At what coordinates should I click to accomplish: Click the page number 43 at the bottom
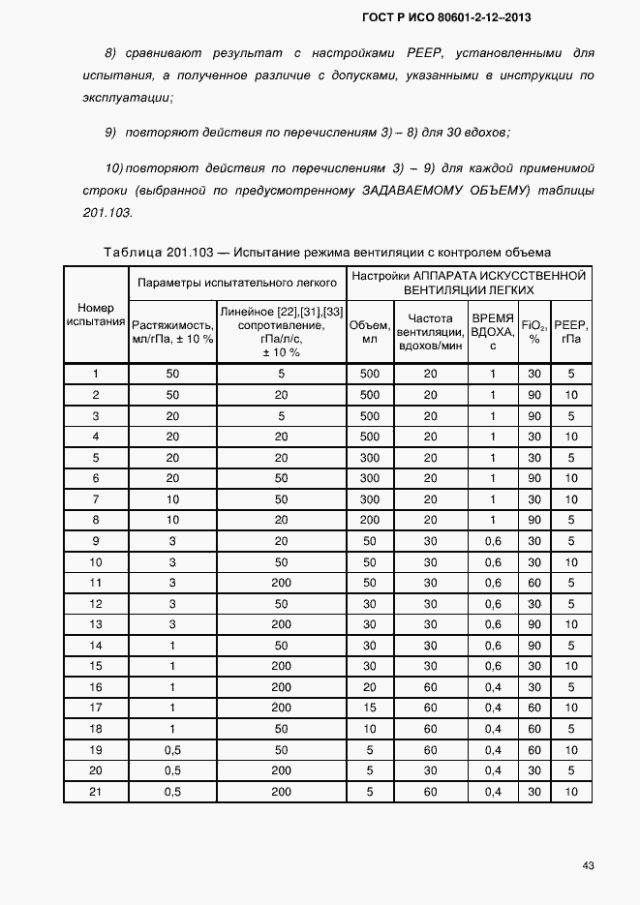(x=588, y=864)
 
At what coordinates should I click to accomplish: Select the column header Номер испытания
(x=96, y=314)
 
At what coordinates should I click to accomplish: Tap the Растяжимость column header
(x=172, y=332)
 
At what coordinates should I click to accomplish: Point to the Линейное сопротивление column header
(x=281, y=332)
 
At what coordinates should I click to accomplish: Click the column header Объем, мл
(x=369, y=332)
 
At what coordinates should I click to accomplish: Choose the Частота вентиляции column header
(x=430, y=332)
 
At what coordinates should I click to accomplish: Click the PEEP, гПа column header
(x=571, y=332)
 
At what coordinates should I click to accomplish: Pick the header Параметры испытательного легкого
(x=237, y=283)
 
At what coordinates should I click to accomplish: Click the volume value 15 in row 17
(x=369, y=709)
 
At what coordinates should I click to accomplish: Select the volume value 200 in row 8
(x=369, y=520)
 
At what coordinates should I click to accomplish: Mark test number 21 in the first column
(x=96, y=793)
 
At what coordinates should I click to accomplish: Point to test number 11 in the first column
(x=96, y=583)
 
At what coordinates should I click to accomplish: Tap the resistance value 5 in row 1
(x=281, y=373)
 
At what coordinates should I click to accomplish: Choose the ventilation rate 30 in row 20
(x=430, y=771)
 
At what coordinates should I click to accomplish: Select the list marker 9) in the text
(x=111, y=133)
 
